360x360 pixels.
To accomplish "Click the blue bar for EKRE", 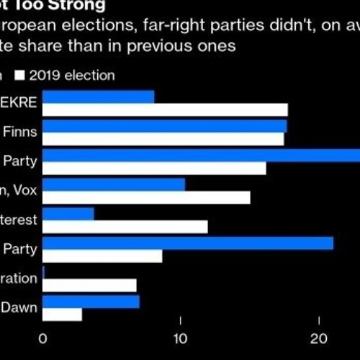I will point(99,97).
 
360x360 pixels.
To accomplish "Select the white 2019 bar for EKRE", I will point(165,109).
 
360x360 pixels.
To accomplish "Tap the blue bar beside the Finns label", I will point(164,126).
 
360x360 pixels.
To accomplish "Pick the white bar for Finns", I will point(163,139).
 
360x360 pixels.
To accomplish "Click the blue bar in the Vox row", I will point(114,184).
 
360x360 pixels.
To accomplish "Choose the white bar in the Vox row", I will point(146,197).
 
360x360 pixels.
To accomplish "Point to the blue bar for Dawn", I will point(91,301).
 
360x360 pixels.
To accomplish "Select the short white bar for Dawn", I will point(62,315).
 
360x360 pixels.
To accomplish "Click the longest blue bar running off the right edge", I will point(202,156).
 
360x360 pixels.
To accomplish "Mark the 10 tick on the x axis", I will point(181,339).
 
